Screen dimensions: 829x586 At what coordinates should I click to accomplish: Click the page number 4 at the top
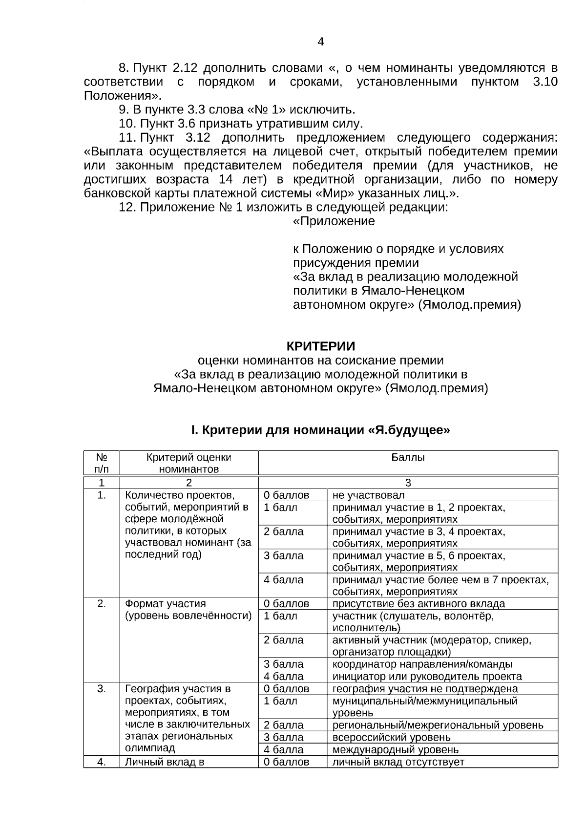320,42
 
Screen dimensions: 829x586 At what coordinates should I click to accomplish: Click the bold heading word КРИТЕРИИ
320,346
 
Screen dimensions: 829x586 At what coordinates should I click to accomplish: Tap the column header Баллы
408,458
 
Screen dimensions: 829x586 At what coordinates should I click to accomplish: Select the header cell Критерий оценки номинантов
188,463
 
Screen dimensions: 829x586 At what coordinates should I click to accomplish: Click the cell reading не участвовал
368,495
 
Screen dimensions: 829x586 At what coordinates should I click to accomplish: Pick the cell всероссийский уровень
391,738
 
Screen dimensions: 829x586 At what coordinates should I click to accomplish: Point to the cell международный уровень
395,750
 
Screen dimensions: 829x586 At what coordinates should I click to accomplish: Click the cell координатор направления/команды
422,664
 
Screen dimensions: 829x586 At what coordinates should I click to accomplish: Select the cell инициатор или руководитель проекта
427,677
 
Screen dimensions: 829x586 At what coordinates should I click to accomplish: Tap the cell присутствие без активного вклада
419,604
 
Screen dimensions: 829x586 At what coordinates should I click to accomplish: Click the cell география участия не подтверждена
425,689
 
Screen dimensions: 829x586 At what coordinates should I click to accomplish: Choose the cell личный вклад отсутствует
398,762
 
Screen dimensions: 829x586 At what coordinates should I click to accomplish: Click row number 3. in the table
102,689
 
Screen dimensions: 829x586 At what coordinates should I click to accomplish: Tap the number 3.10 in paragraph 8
545,82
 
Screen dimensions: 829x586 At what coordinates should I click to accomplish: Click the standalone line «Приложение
334,221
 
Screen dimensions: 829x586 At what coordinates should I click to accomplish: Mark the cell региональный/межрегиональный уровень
438,725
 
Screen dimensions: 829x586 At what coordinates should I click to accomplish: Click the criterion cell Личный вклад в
165,762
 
